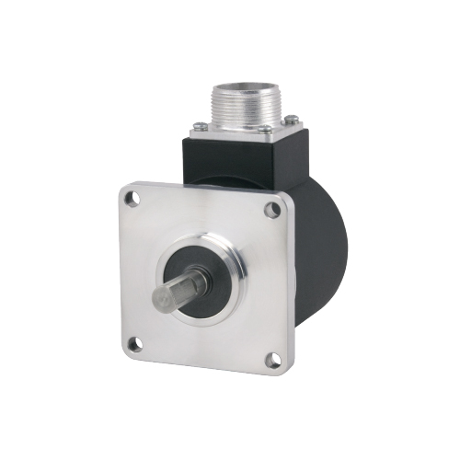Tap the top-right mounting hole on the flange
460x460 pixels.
tap(272, 210)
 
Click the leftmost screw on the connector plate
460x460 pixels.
tap(198, 125)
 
